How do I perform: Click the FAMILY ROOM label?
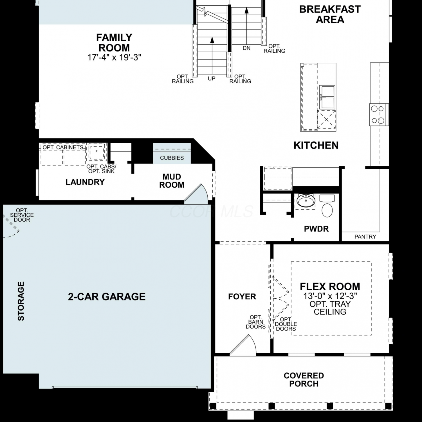114,42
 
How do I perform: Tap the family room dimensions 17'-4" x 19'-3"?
114,57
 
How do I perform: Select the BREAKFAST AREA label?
330,14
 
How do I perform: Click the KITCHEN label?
316,145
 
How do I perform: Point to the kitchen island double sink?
327,97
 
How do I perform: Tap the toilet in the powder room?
327,206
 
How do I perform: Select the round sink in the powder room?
306,201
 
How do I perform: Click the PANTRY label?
365,237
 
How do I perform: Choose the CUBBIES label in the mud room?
172,158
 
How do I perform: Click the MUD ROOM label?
172,181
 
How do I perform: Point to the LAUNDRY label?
85,182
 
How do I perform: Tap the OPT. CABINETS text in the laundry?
63,147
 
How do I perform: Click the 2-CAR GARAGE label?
107,297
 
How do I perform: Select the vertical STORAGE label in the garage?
21,301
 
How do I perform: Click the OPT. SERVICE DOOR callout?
22,215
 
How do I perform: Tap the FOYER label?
242,297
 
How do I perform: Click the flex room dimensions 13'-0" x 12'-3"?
330,296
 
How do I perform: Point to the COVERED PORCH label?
304,380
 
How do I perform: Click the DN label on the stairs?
246,48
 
